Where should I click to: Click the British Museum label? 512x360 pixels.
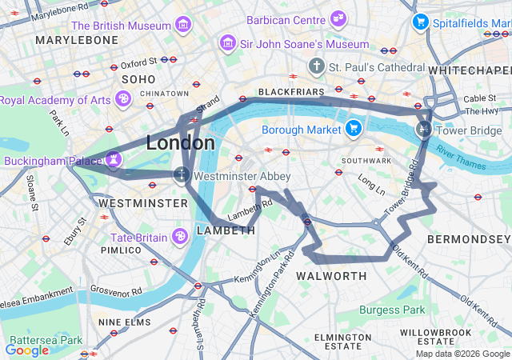tap(122, 26)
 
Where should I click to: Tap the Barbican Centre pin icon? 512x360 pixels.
tap(338, 18)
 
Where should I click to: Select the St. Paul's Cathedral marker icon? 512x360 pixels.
tap(317, 65)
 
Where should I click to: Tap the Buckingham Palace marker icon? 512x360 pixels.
tap(114, 159)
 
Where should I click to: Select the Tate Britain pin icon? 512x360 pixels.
tap(181, 237)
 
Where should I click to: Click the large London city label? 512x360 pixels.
tap(180, 143)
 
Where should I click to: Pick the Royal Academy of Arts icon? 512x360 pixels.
tap(122, 99)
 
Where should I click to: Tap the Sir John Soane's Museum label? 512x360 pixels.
tap(304, 44)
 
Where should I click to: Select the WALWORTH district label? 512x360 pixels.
tap(330, 276)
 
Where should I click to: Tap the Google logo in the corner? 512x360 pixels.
tap(27, 350)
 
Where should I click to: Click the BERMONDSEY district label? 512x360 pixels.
tap(468, 239)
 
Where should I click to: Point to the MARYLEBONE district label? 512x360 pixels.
tap(77, 39)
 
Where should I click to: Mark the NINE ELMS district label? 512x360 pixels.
tap(123, 322)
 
